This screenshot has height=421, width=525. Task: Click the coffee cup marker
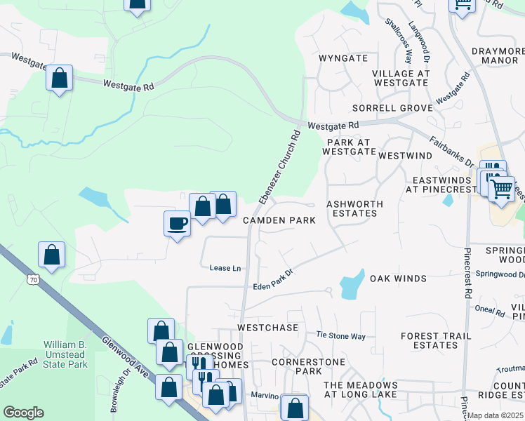pos(176,224)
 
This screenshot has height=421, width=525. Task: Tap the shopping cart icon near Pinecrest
pos(500,188)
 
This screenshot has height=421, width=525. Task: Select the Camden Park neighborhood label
pos(279,220)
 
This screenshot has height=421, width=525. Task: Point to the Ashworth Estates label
pos(354,208)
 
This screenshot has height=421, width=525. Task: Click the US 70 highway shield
pos(33,280)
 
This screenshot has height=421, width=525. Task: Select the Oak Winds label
pos(398,279)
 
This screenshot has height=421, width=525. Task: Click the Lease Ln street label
pos(225,268)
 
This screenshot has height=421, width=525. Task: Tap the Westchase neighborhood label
pos(268,328)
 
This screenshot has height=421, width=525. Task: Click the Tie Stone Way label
pos(340,336)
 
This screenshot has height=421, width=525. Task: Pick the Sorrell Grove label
pos(392,108)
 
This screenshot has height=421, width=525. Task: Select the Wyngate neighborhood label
pos(343,58)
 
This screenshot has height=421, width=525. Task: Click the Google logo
pos(23,413)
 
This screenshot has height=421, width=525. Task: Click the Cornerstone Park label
pos(298,366)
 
